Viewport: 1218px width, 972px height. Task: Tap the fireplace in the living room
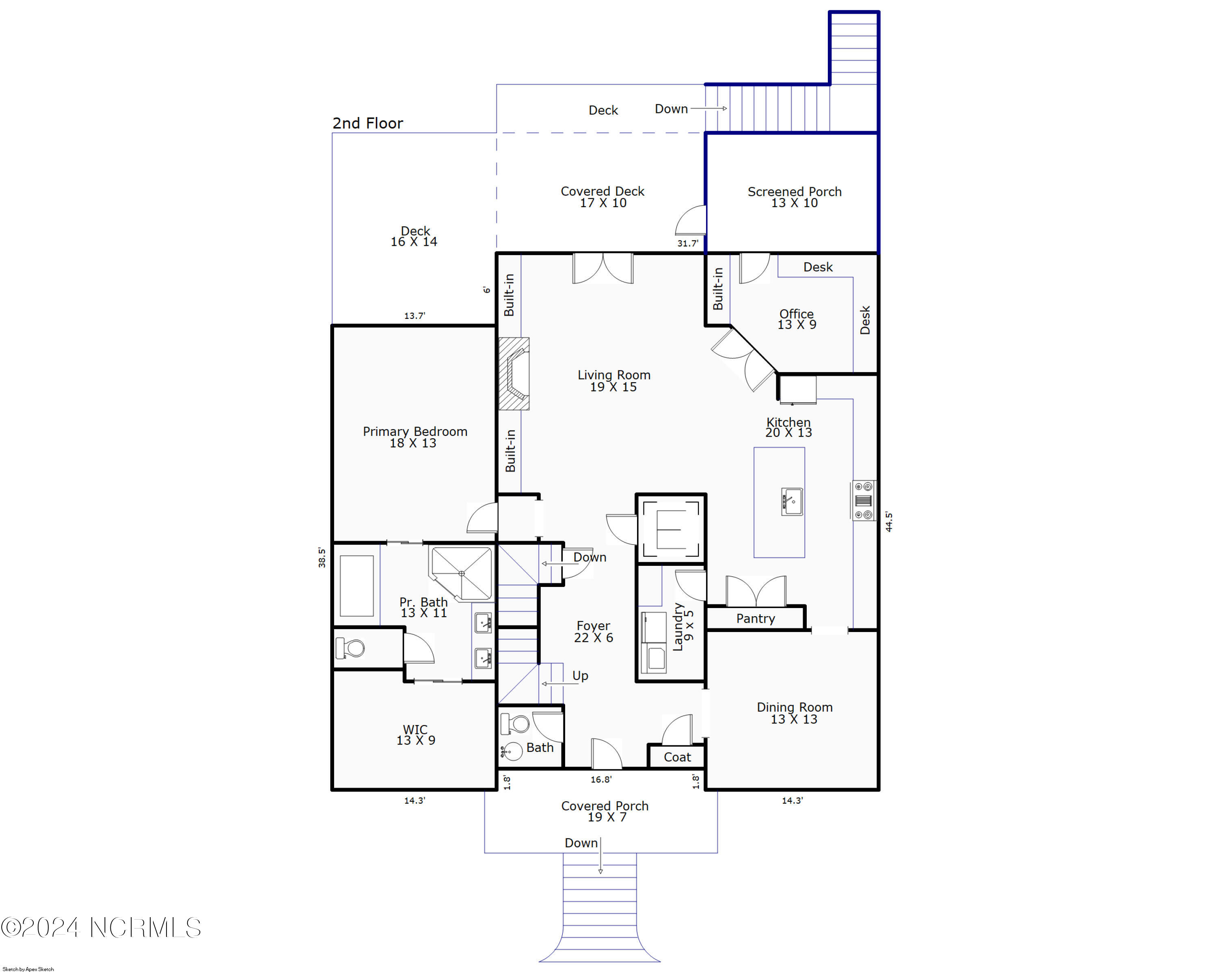pos(514,374)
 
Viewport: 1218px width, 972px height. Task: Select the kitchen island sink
pos(792,501)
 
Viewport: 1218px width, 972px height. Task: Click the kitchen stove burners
pos(864,500)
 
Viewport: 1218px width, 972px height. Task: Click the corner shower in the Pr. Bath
pos(461,573)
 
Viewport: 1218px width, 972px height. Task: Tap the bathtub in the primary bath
pos(356,585)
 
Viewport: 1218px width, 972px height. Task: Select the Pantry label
pos(755,618)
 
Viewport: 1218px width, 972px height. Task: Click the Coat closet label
pos(677,757)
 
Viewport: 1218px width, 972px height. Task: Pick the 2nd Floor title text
pos(368,123)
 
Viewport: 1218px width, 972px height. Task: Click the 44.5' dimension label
pos(889,522)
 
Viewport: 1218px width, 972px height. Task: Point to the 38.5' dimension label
pos(322,557)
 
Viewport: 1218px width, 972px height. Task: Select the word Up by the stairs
pos(580,676)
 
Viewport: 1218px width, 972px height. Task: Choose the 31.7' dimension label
pos(687,244)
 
